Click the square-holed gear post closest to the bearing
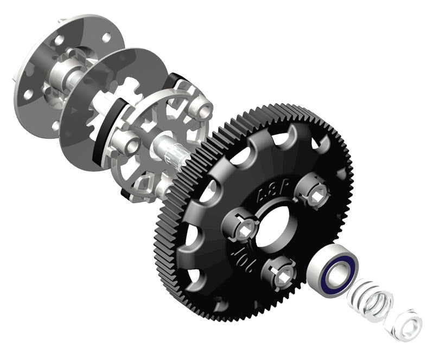[281, 269]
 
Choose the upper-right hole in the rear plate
[106, 37]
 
